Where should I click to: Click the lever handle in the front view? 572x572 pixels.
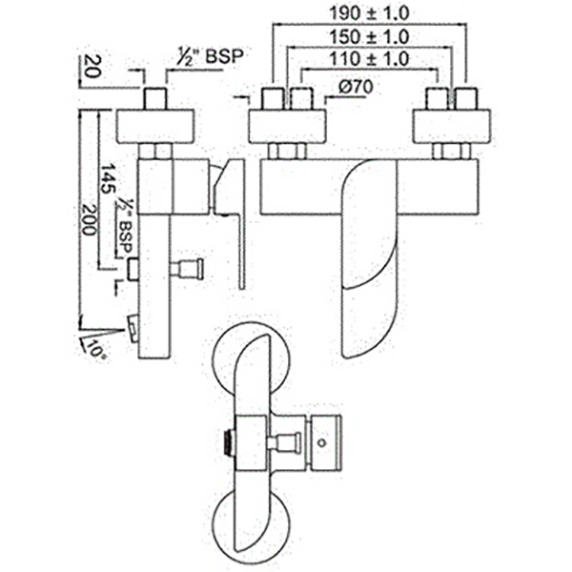[368, 257]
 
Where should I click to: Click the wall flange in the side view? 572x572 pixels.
[155, 124]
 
